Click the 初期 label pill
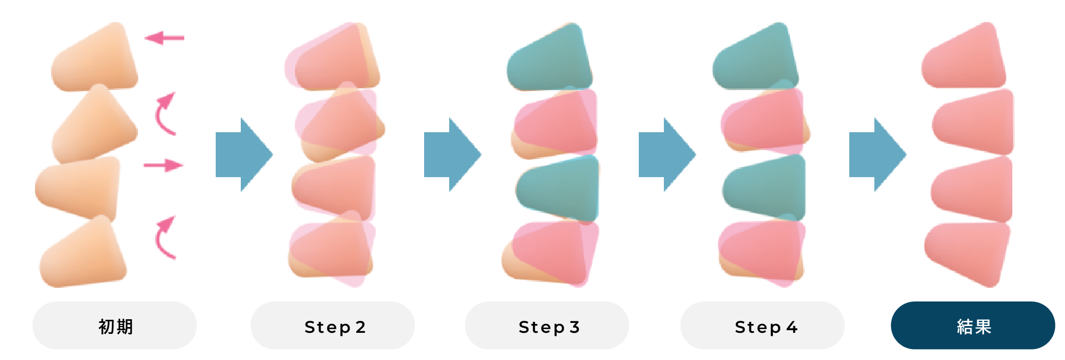tap(114, 326)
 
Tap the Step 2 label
tap(333, 326)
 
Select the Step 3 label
tap(547, 326)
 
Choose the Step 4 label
tap(763, 326)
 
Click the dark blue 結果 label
tap(973, 326)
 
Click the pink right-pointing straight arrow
tap(163, 165)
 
